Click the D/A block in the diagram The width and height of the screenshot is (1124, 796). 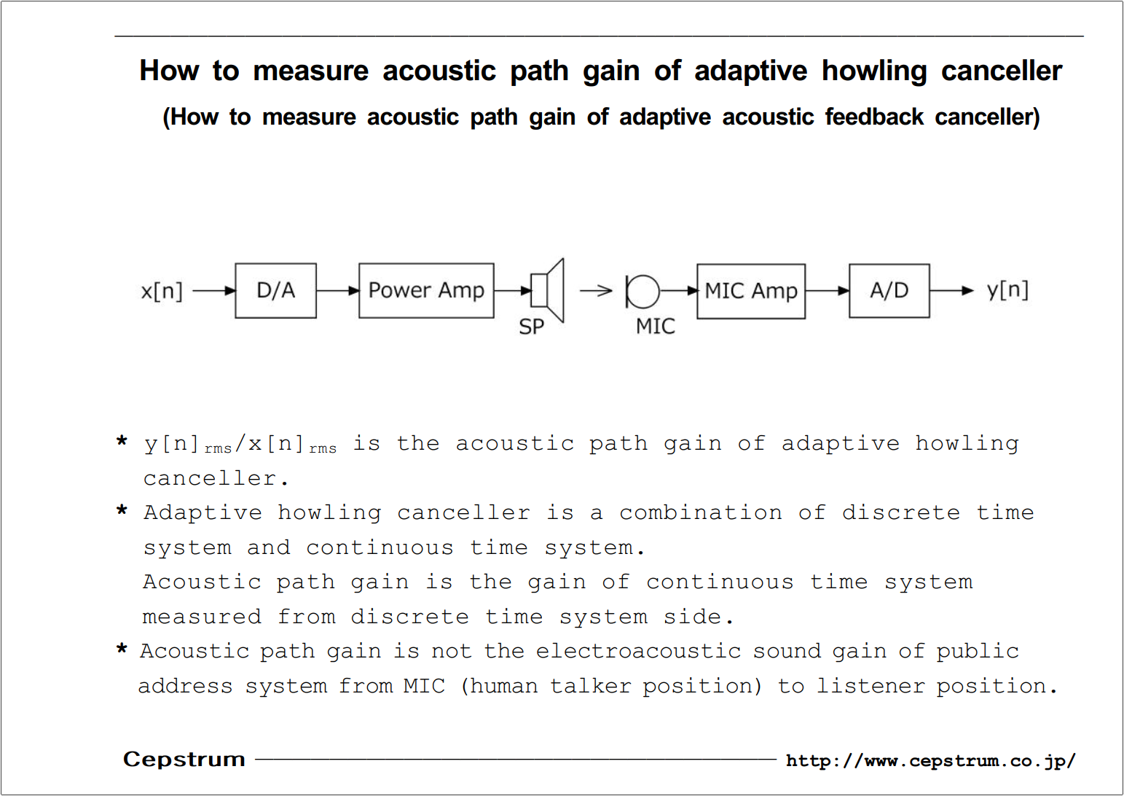[275, 290]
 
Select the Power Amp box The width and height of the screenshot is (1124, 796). [426, 290]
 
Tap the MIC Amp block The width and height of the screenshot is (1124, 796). [751, 292]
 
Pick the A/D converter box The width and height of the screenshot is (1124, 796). [889, 291]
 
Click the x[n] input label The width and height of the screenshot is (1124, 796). [162, 292]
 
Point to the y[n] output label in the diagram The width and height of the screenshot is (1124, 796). [1007, 290]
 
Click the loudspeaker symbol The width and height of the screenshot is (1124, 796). [548, 290]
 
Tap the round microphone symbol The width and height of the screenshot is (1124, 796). [642, 292]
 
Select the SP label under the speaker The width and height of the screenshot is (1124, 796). [531, 327]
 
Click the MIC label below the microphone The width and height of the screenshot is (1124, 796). [656, 327]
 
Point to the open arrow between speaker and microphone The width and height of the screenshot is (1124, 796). [596, 290]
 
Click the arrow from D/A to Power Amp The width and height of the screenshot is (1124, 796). [338, 290]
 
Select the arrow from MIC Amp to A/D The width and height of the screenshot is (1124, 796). [828, 291]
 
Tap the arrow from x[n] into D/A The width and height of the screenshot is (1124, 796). [214, 291]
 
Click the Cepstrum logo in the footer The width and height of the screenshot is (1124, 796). [184, 760]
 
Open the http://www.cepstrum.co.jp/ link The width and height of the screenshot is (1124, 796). [931, 761]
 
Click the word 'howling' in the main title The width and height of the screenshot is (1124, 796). [874, 71]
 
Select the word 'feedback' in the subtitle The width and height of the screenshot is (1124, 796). [874, 117]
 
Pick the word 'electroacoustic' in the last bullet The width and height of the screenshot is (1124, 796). [638, 652]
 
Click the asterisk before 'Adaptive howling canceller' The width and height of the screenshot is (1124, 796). [122, 511]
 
